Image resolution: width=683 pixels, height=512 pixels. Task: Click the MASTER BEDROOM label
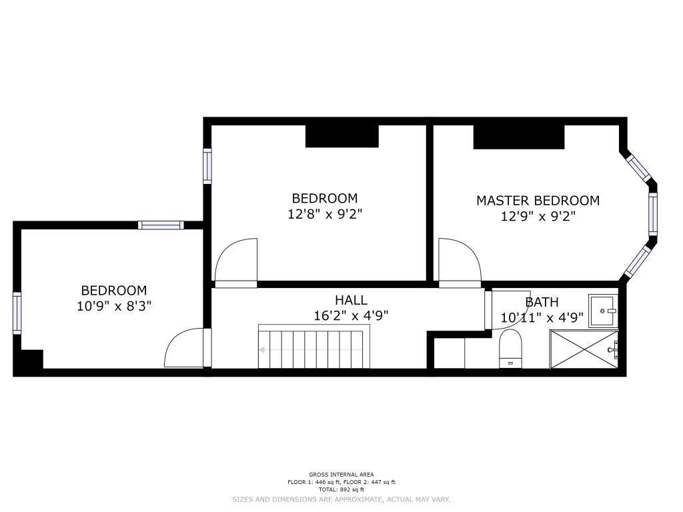538,201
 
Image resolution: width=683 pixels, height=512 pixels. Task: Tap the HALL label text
351,300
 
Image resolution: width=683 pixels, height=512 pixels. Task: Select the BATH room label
542,302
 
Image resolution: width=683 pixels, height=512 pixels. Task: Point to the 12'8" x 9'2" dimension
325,214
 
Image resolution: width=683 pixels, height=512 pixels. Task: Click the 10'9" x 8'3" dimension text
114,306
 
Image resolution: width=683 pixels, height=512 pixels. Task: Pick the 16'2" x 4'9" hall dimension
351,315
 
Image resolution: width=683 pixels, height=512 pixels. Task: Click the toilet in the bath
510,349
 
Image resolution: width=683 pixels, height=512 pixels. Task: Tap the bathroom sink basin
603,311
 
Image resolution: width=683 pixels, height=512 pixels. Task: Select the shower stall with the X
584,349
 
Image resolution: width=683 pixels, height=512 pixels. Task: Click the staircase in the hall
313,347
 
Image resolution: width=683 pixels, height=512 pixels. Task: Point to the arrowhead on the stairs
261,349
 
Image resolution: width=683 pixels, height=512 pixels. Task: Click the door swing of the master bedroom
460,263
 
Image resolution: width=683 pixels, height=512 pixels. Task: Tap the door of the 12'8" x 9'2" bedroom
236,263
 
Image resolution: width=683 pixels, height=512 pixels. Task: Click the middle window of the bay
652,214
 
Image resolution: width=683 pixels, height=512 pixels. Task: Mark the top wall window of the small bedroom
161,225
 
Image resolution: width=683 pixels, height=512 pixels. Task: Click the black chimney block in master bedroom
519,137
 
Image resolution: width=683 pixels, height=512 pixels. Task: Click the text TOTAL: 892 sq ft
341,490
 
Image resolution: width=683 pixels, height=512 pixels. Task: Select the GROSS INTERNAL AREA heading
341,475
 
